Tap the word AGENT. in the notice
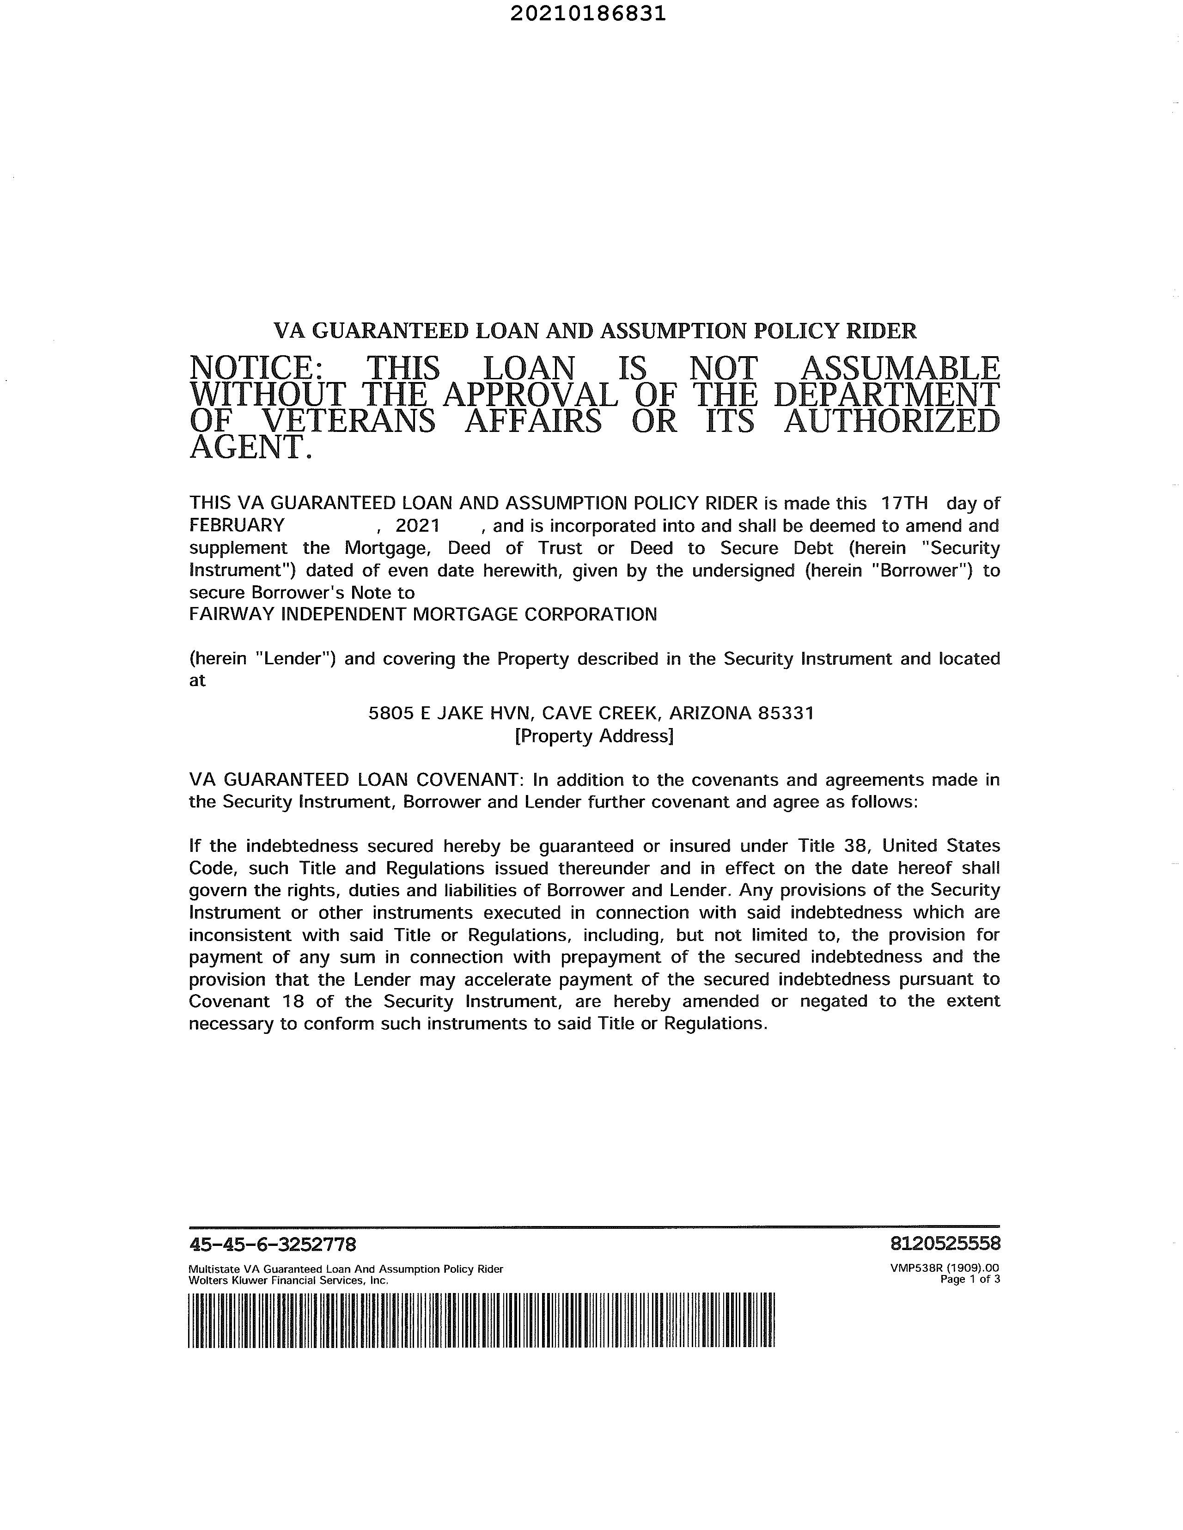point(250,447)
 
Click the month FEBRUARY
point(237,525)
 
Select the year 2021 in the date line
point(418,525)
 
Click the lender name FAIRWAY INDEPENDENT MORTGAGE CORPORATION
point(423,614)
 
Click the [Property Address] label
point(594,735)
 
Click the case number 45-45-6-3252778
point(273,1244)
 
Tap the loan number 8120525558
point(945,1244)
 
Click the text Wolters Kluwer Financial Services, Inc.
point(289,1280)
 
